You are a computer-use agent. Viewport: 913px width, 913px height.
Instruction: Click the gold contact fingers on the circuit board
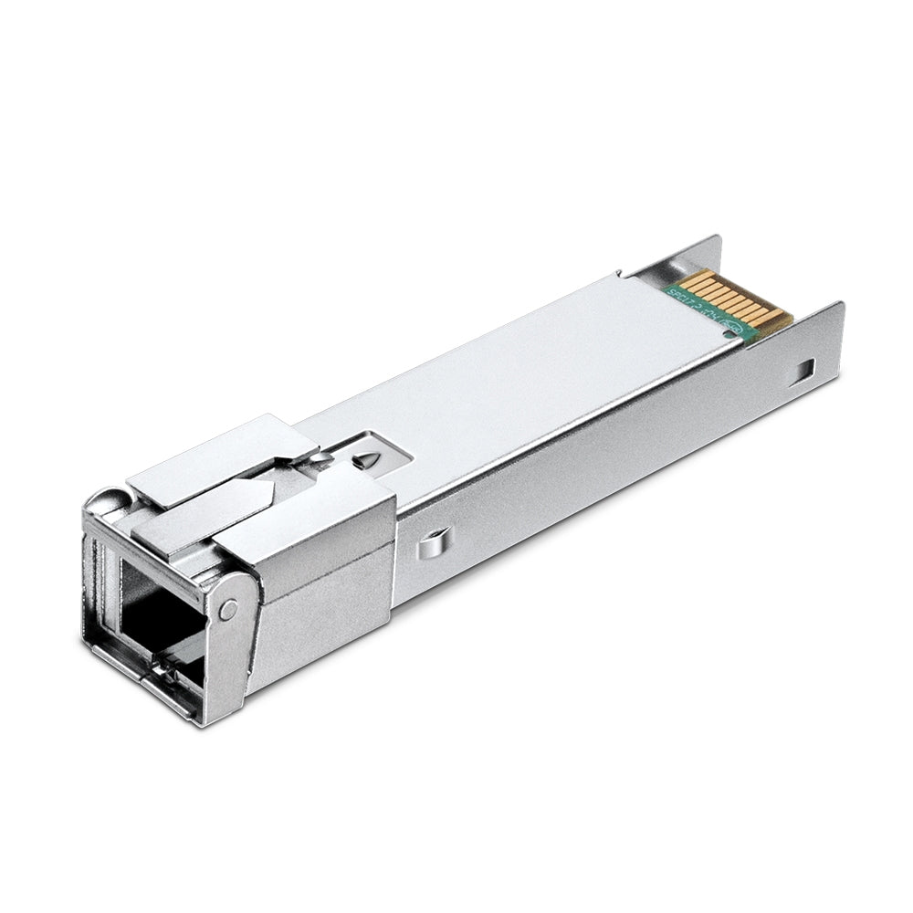[736, 298]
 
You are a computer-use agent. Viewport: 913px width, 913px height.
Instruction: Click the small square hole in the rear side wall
[803, 370]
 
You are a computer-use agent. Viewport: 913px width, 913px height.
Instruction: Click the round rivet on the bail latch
[227, 608]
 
